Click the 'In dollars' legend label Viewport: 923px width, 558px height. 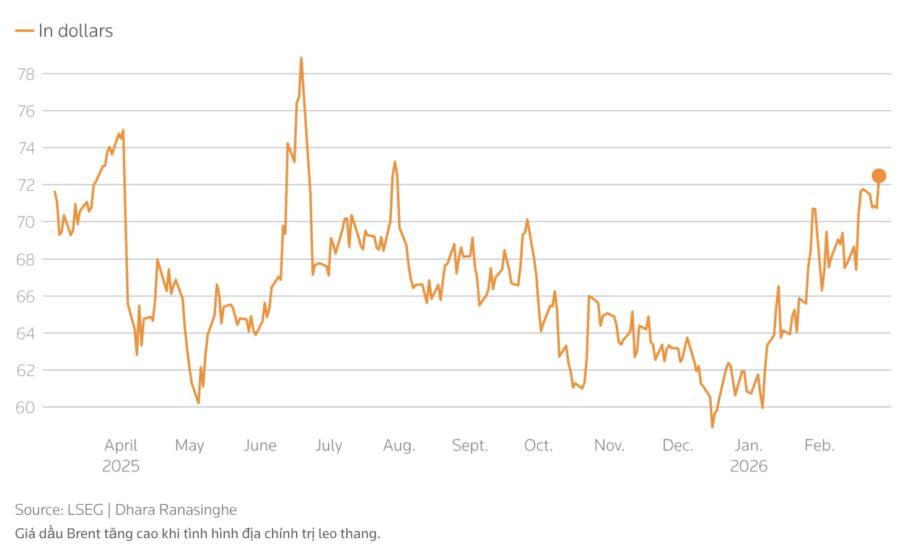(76, 31)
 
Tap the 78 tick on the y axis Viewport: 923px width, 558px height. (26, 74)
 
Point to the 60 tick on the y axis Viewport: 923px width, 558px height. (26, 408)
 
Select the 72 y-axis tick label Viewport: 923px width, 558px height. (26, 185)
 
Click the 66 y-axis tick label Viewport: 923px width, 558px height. (26, 296)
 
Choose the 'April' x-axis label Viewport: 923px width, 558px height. (121, 445)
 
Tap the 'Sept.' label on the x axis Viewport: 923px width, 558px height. (470, 445)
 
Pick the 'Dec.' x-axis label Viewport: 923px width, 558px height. (678, 445)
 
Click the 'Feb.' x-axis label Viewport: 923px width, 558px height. (819, 445)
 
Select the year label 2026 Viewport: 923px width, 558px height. (748, 466)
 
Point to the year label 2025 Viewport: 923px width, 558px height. (121, 466)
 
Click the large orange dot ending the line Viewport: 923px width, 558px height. (878, 176)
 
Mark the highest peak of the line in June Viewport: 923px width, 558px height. (301, 58)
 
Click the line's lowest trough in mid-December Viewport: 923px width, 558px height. (712, 427)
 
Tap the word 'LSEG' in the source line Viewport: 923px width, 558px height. (85, 510)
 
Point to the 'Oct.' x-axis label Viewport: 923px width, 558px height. (538, 445)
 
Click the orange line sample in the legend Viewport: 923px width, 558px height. (24, 31)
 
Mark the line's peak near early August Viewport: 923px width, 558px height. (395, 162)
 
